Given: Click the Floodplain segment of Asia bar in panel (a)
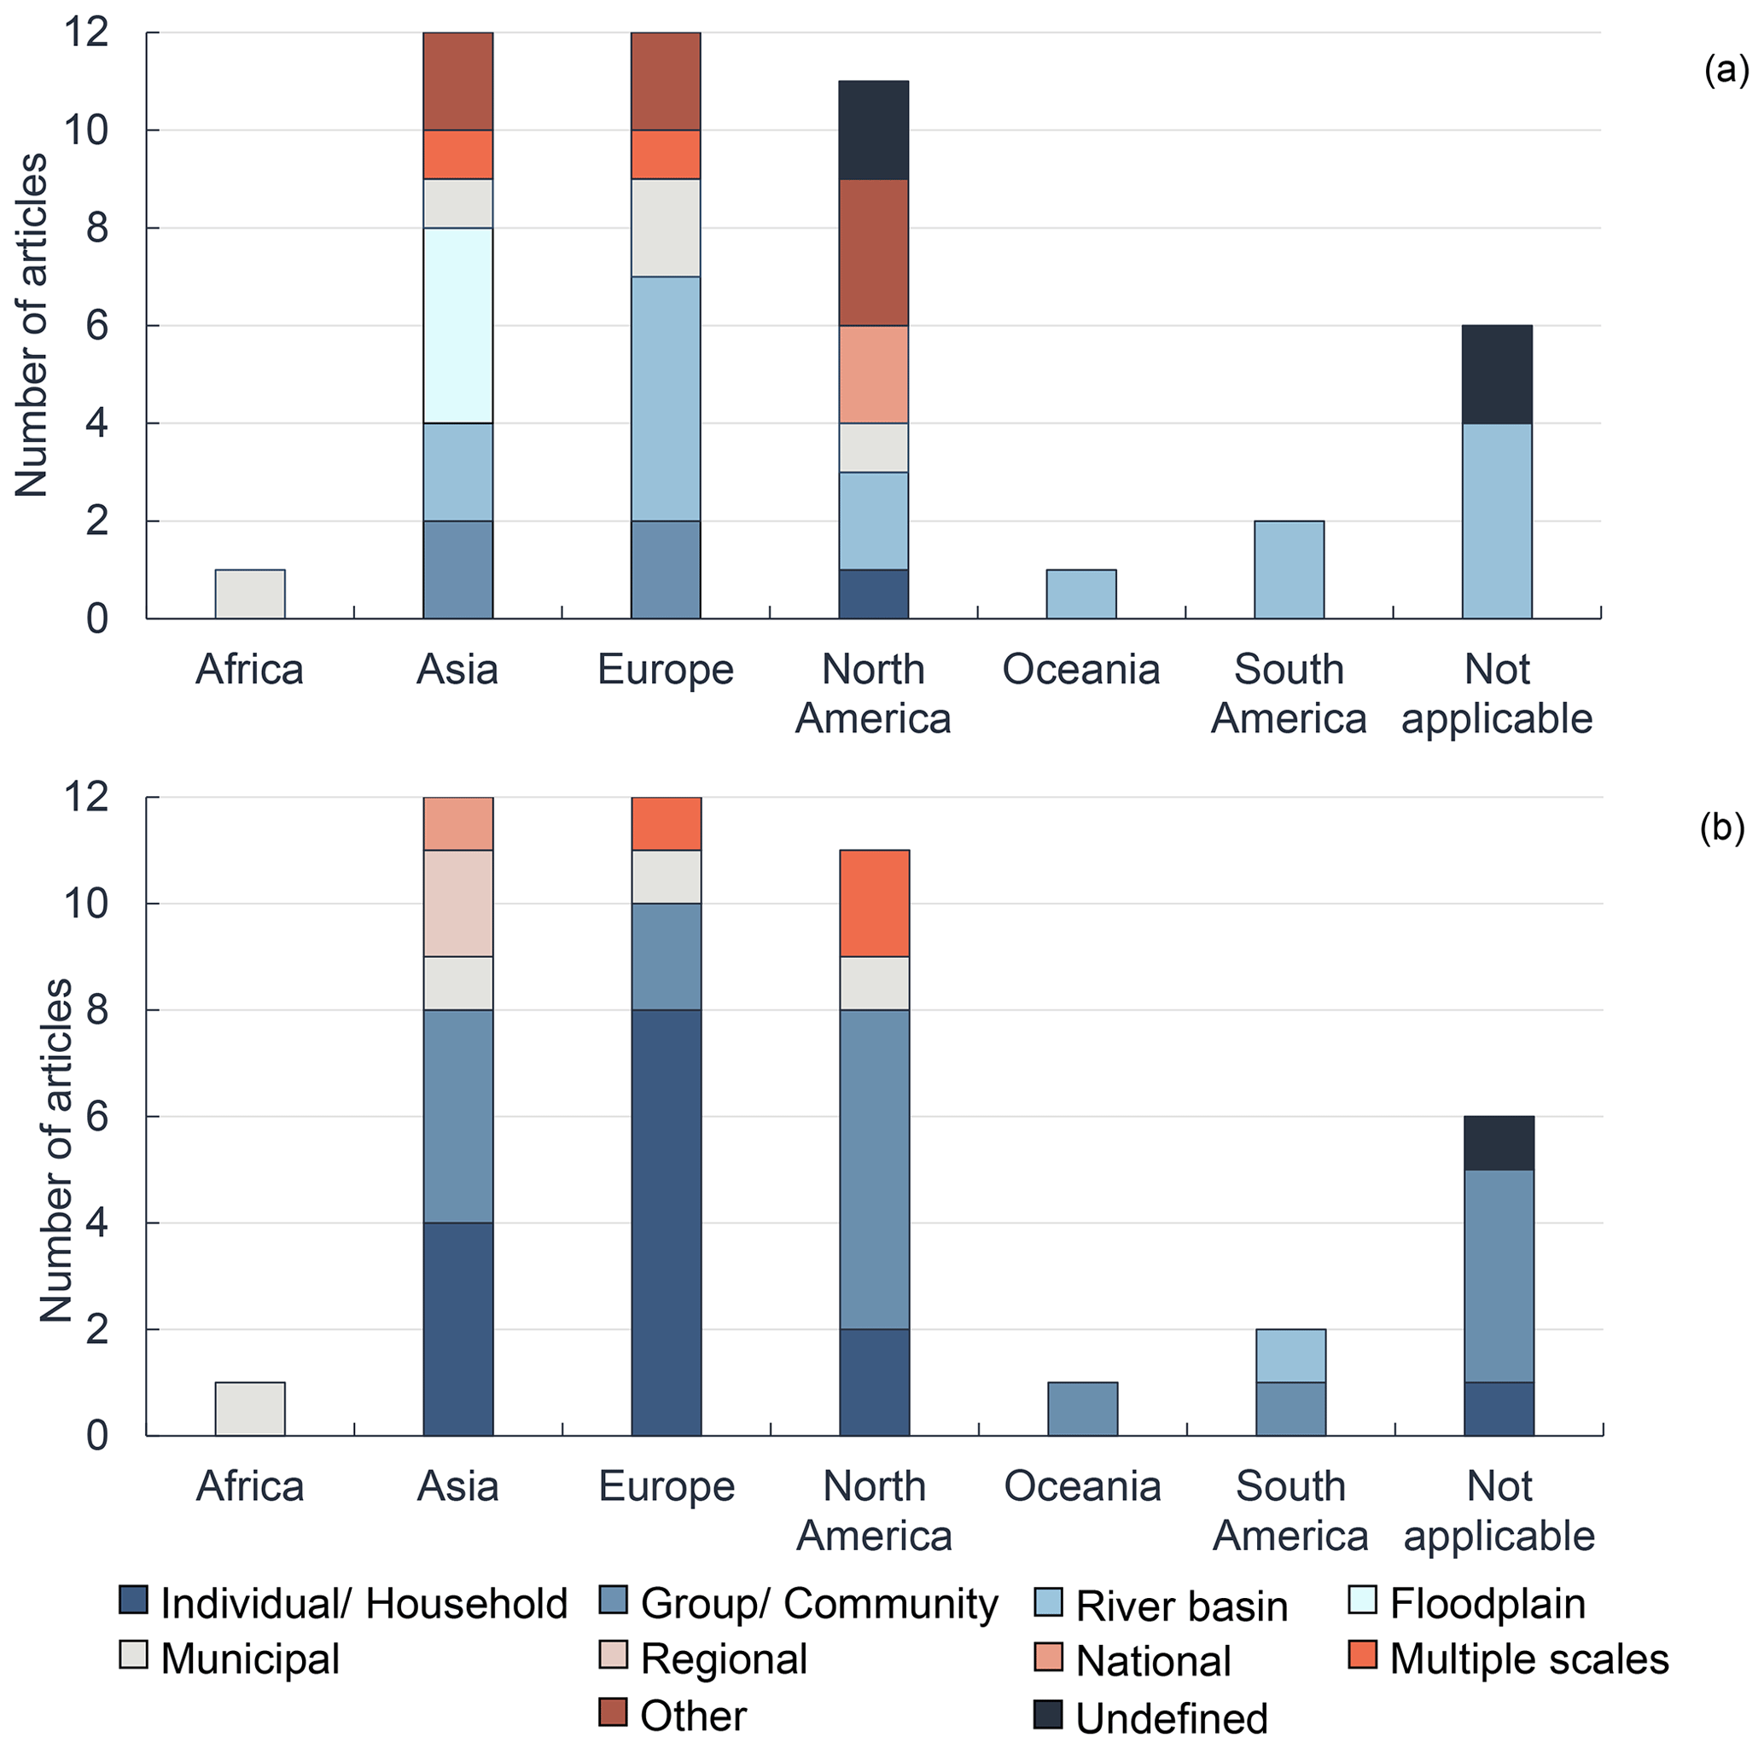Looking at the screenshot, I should pos(457,325).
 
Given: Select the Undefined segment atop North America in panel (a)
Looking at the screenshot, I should pos(873,130).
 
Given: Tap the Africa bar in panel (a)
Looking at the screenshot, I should pos(249,595).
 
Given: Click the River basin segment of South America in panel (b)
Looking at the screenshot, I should pos(1290,1356).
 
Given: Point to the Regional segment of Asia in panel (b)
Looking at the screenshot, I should pos(457,903).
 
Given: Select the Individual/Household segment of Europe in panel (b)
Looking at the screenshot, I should pos(666,1223).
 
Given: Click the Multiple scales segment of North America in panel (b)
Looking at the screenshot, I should pos(874,903).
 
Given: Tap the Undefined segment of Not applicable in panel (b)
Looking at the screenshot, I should pos(1499,1143).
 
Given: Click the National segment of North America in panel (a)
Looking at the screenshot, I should pos(873,375).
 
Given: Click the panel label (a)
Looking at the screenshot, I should pos(1726,69).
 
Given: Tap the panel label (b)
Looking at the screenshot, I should pos(1721,827).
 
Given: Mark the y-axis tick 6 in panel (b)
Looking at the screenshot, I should pos(96,1117).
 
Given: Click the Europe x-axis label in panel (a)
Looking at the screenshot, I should pos(666,669).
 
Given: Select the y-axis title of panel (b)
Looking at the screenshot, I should pos(56,1150).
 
